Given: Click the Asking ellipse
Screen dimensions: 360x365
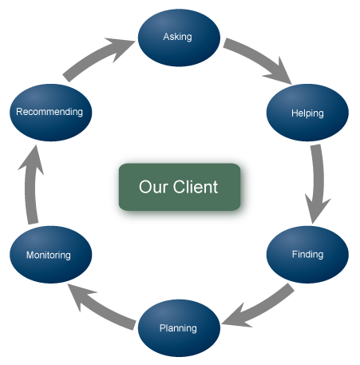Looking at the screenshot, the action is (179, 38).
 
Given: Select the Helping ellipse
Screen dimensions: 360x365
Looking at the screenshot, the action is (307, 113).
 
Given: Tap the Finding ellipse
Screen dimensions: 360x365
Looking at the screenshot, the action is (307, 255).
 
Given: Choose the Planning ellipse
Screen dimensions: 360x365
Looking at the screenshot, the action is (179, 328).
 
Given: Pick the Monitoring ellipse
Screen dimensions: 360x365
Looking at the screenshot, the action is (51, 255).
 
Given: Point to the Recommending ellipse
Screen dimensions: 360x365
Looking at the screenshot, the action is (51, 113).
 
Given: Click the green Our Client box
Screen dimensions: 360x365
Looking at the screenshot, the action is (180, 187).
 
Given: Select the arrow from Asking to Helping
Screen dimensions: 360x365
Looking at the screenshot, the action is (259, 59).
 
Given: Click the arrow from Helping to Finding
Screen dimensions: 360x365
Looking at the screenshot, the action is (318, 184).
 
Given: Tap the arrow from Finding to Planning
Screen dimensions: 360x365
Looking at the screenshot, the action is (259, 306).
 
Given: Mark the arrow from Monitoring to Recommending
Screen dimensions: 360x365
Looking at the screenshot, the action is (30, 184).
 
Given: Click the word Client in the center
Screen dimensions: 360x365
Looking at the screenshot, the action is (196, 187).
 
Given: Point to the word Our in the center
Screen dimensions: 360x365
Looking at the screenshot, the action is (153, 187).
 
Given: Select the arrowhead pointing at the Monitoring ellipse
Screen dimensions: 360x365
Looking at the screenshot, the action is (80, 294).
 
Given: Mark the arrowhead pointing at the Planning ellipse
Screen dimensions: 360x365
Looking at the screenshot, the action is (235, 317).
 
